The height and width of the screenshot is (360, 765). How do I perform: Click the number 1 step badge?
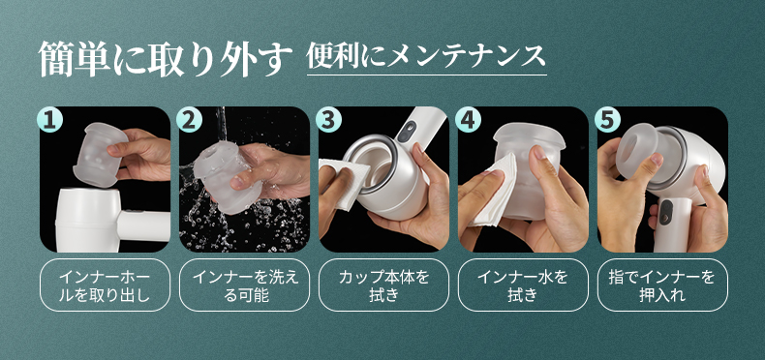click(50, 120)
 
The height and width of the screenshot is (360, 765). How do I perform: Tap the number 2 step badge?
click(189, 120)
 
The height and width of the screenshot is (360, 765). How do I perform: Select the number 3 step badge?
click(328, 120)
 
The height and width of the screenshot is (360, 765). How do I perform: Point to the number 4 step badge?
click(468, 120)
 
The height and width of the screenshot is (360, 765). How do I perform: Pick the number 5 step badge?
click(607, 120)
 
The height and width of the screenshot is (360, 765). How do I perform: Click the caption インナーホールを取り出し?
click(105, 285)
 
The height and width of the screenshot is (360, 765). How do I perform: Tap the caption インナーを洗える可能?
click(244, 285)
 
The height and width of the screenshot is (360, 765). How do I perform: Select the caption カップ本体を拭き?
click(384, 285)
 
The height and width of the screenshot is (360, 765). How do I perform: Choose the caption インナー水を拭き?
click(523, 285)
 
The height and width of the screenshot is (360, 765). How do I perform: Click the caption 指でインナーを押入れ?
click(662, 285)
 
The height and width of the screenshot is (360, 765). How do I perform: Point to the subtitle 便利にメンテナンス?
click(426, 56)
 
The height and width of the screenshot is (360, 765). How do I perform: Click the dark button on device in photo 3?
click(406, 132)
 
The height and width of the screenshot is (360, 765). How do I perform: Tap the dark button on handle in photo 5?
click(666, 213)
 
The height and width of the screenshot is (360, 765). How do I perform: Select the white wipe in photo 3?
click(346, 182)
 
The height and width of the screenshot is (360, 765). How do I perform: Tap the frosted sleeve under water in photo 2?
click(223, 176)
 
